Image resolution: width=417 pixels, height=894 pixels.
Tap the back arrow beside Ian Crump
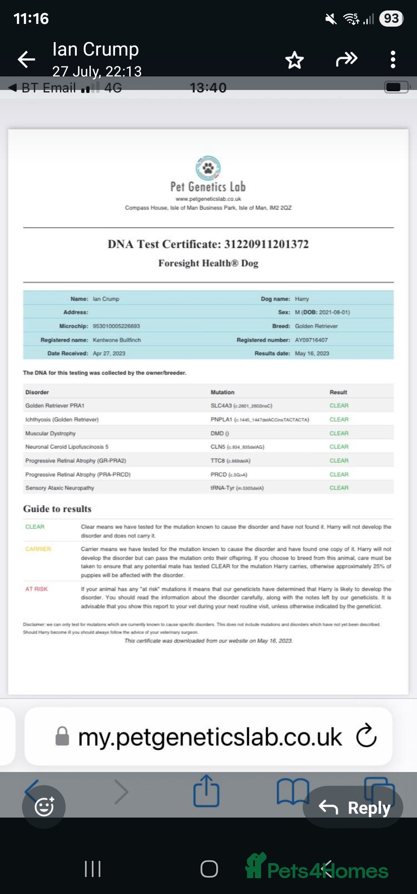[x=26, y=59]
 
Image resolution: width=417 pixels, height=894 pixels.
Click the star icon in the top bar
[x=294, y=60]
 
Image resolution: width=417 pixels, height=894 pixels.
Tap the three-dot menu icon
[x=393, y=60]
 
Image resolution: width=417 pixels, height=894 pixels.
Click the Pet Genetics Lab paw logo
[x=208, y=168]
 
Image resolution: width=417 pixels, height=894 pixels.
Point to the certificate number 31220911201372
[x=266, y=244]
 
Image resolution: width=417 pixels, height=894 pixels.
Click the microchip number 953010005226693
[x=116, y=326]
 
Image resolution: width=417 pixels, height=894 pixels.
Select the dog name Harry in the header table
[x=302, y=299]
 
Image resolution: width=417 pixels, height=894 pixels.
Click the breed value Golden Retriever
[x=316, y=326]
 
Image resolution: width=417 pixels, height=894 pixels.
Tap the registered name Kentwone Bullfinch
[x=117, y=340]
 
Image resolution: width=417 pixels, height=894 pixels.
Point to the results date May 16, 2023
[x=312, y=353]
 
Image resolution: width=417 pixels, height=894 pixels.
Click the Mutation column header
[x=222, y=392]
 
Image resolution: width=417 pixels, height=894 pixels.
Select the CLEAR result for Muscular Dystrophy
[x=339, y=433]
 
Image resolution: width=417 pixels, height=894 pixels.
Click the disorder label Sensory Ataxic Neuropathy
[x=60, y=488]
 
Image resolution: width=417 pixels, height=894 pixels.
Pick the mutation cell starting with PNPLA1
[x=259, y=420]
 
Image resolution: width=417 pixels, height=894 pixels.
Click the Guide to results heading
[x=57, y=509]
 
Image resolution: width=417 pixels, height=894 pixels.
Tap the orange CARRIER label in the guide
[x=38, y=549]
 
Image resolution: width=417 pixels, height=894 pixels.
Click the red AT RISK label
[x=36, y=589]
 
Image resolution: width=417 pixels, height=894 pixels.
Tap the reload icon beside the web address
[x=366, y=735]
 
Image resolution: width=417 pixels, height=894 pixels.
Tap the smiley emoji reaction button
[x=44, y=807]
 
